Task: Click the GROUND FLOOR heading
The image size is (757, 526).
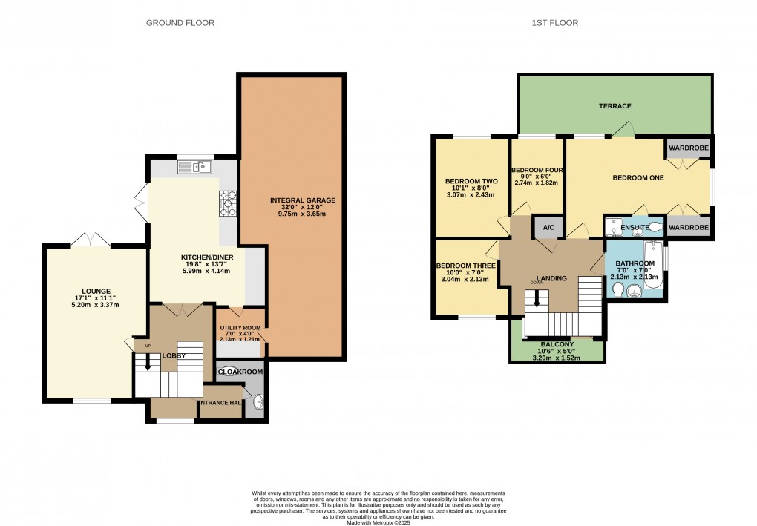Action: pyautogui.click(x=180, y=23)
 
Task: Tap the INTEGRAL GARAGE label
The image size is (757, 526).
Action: pyautogui.click(x=303, y=200)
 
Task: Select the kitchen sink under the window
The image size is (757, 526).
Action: pyautogui.click(x=195, y=168)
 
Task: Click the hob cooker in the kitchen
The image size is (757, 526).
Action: pyautogui.click(x=228, y=203)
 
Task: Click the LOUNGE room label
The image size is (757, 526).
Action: pyautogui.click(x=96, y=291)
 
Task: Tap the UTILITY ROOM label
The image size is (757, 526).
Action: pyautogui.click(x=240, y=328)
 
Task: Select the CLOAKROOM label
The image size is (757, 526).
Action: pyautogui.click(x=241, y=372)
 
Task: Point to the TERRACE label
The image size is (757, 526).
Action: pyautogui.click(x=615, y=106)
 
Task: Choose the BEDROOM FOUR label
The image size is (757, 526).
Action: pyautogui.click(x=537, y=170)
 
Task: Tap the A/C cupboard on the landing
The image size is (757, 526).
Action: pyautogui.click(x=548, y=227)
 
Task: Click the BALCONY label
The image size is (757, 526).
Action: pyautogui.click(x=557, y=345)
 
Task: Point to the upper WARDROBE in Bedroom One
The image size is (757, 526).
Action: pyautogui.click(x=689, y=148)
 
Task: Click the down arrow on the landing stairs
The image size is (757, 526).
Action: pyautogui.click(x=537, y=300)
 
